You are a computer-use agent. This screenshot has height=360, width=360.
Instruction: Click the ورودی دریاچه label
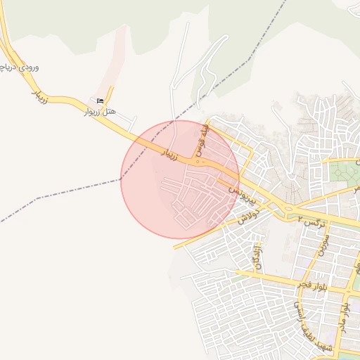pos(19,68)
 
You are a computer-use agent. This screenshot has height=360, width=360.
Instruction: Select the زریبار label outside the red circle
pos(39,96)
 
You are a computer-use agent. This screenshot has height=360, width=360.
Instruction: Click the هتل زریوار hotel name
pos(99,112)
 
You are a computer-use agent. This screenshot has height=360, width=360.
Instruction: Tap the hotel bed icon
pos(99,101)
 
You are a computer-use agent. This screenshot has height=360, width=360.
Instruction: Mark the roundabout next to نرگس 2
pos(287,209)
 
